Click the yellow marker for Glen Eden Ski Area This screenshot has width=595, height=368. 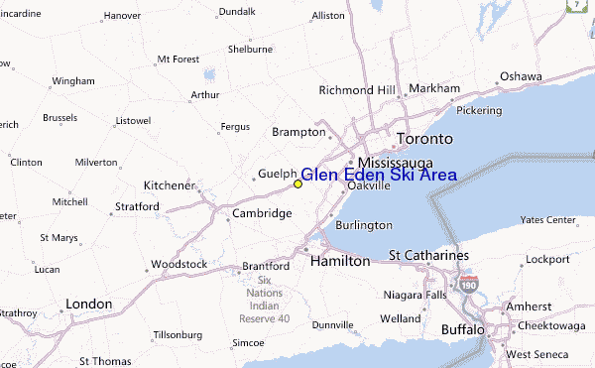(x=297, y=184)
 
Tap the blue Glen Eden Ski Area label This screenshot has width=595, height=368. (x=379, y=176)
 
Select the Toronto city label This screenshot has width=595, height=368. (x=424, y=139)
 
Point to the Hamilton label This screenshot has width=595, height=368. (x=340, y=261)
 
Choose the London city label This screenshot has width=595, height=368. (x=88, y=304)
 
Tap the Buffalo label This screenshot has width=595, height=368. (x=463, y=328)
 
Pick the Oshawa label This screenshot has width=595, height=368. (x=521, y=76)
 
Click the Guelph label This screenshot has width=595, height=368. (x=277, y=175)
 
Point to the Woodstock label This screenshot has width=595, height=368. (x=178, y=265)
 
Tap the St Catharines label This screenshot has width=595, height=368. (x=428, y=256)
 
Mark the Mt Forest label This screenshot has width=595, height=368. (x=178, y=59)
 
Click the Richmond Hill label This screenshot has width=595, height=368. (x=358, y=90)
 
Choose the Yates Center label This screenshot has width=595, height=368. (x=548, y=219)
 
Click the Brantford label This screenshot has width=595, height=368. (x=266, y=267)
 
